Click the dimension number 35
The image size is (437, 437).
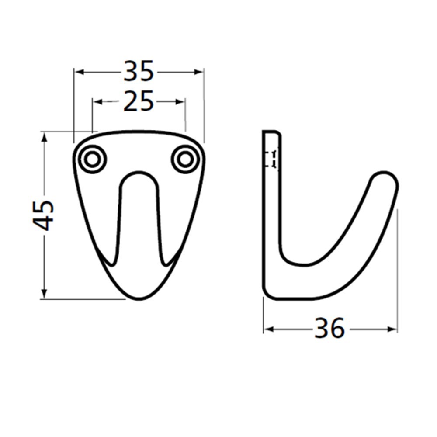coord(139,71)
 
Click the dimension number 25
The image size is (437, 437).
coord(139,101)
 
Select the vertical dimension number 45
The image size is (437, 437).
coord(44,215)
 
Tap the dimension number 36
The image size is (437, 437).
coord(329,329)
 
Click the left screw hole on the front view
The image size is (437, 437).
coord(92,160)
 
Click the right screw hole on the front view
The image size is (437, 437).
coord(186,160)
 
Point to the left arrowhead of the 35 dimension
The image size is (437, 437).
coord(78,71)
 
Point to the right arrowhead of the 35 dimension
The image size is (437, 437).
coord(200,71)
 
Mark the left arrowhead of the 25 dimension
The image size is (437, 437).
coord(97,101)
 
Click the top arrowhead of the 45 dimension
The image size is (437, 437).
coord(44,136)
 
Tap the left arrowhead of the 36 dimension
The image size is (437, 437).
coord(267,329)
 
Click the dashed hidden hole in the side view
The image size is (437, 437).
coord(272,159)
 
